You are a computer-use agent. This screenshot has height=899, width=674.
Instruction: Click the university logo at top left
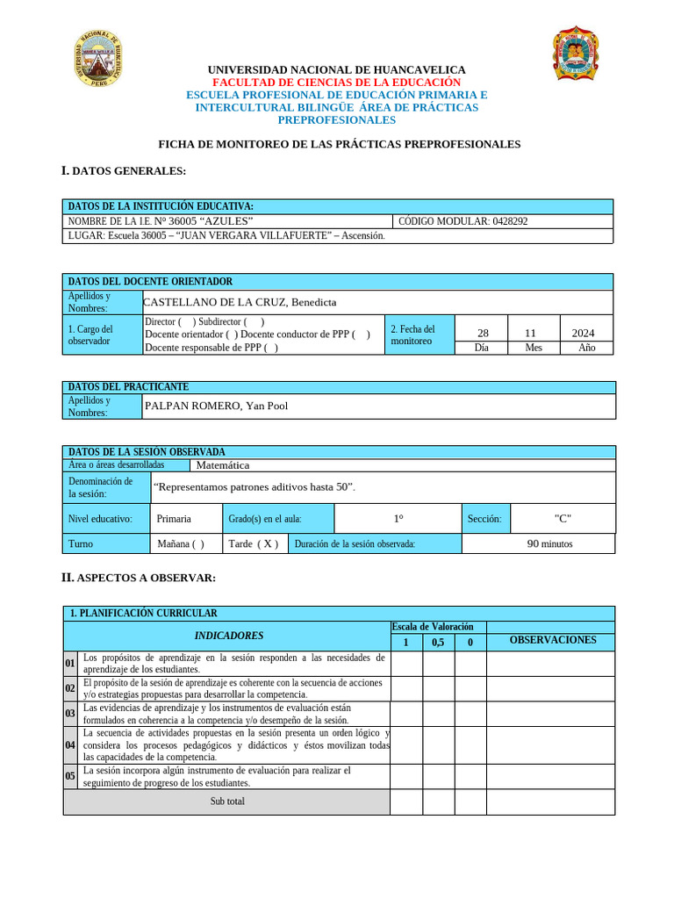tap(98, 59)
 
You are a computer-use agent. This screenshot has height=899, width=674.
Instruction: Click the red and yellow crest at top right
tap(575, 54)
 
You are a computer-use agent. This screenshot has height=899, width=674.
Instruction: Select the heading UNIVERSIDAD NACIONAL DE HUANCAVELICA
tap(336, 69)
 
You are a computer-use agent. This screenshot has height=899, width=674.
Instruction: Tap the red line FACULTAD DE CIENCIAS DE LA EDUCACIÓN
tap(336, 82)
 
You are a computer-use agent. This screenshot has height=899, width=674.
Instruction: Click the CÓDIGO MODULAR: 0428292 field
tap(463, 221)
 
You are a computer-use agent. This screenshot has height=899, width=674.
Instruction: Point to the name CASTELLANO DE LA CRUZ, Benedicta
tap(240, 302)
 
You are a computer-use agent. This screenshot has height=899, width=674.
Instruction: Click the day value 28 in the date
tap(483, 333)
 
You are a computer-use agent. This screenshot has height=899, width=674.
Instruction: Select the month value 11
tap(530, 333)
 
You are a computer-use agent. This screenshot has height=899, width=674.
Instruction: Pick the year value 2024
tap(583, 333)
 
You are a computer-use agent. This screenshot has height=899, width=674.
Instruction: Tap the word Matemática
tap(223, 465)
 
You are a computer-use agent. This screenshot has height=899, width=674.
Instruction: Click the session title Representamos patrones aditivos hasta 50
tap(254, 486)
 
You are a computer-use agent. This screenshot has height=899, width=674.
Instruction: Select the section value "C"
tap(563, 518)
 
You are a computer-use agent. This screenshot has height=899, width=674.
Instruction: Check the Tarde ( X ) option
tap(254, 543)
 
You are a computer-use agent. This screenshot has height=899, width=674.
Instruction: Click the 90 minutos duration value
tap(549, 543)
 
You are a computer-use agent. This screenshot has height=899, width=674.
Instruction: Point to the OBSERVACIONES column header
tap(552, 640)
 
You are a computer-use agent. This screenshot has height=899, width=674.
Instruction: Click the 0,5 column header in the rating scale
tap(438, 643)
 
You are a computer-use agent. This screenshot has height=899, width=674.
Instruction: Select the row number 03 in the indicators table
tap(70, 714)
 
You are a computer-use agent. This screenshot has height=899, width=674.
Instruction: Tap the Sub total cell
tap(227, 801)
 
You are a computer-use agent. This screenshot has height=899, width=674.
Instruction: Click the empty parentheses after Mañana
tap(197, 543)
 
